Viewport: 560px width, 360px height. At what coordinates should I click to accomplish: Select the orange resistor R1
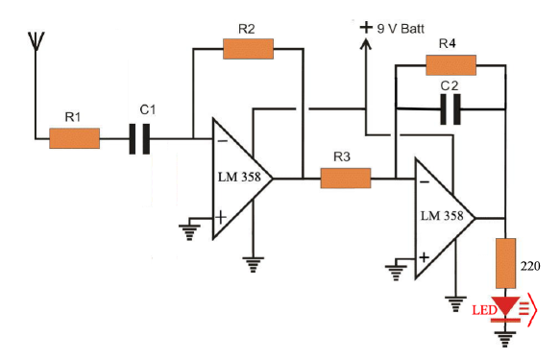click(x=74, y=139)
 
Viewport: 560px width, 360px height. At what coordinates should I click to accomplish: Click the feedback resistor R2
click(x=248, y=49)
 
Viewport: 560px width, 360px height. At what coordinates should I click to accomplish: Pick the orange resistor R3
click(x=345, y=178)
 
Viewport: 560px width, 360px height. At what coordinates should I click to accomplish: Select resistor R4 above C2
click(x=450, y=64)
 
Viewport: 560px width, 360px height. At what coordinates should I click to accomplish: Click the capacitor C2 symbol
click(x=450, y=111)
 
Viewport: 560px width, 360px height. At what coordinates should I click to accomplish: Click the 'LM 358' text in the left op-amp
click(x=239, y=179)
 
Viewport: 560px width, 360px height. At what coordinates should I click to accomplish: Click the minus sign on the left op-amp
click(x=221, y=140)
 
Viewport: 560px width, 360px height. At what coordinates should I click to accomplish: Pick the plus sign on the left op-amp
click(x=221, y=217)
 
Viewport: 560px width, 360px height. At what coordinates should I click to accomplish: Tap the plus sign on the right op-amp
click(x=423, y=256)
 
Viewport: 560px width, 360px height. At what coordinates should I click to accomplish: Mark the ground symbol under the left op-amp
click(x=255, y=260)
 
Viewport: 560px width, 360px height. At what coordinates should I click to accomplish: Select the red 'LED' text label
click(x=482, y=309)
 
